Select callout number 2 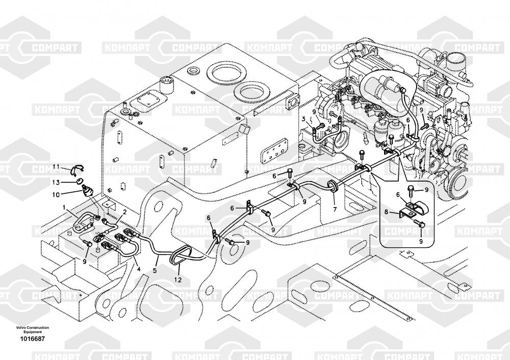tap(124, 212)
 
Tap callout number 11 tap(57, 166)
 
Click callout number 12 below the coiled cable tap(177, 279)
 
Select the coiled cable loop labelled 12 tap(181, 253)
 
